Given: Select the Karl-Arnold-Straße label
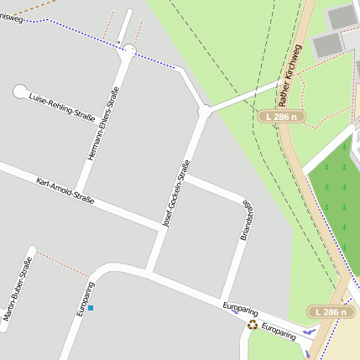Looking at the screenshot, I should click(65, 191).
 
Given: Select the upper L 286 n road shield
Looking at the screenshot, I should click(280, 117).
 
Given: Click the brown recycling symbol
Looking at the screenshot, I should click(252, 324).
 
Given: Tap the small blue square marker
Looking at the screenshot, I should click(91, 308).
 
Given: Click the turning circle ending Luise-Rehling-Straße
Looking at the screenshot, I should click(20, 91).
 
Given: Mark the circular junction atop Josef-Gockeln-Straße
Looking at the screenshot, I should click(203, 111).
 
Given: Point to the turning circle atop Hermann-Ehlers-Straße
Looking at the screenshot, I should click(128, 52).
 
